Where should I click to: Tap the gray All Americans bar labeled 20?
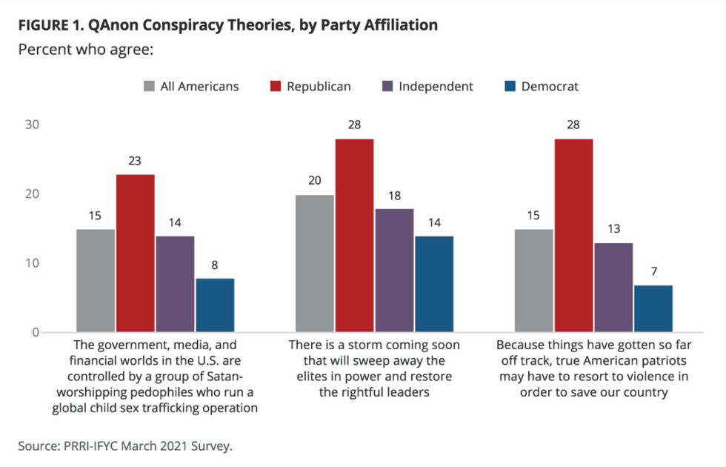point(314,263)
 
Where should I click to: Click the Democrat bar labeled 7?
point(653,308)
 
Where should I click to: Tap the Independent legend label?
point(436,86)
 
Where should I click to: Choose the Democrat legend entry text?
point(550,86)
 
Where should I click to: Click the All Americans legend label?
point(199,86)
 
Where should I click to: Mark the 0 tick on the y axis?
point(35,332)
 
